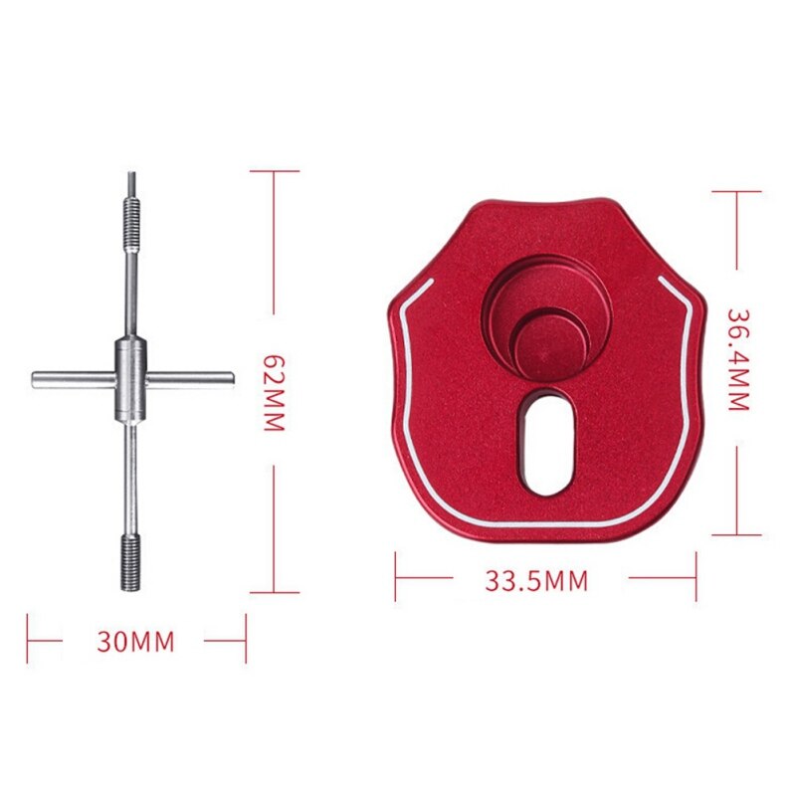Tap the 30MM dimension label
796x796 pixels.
pos(135,642)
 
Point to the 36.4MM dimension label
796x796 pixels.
pos(737,359)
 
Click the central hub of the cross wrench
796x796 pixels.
pos(129,364)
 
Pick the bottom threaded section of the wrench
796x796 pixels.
pos(129,559)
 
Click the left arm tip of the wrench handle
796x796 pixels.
pos(37,378)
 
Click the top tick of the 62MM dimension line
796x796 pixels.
pos(274,171)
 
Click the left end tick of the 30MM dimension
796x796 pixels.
pos(29,639)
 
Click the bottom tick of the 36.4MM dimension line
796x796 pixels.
pos(737,534)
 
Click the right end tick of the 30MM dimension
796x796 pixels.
pos(244,639)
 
